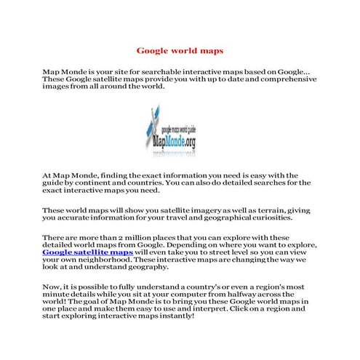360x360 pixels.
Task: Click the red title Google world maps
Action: [x=180, y=51]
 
